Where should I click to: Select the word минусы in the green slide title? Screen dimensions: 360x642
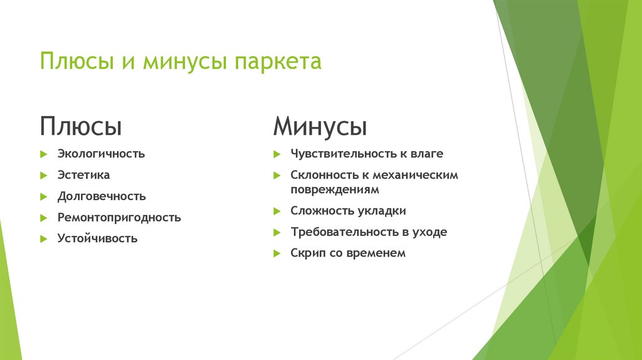coord(186,63)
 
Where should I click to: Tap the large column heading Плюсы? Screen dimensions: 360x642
coord(81,126)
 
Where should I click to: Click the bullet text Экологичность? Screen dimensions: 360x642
coord(101,154)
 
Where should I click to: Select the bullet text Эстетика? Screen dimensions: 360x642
coord(83,175)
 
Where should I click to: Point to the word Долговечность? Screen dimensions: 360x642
coord(102,196)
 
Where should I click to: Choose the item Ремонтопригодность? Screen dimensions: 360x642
coord(119,218)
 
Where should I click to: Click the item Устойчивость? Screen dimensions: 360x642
coord(97,239)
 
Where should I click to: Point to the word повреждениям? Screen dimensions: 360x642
coord(335,189)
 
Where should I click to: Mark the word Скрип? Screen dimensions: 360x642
coord(307,253)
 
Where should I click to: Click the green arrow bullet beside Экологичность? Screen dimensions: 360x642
coord(44,154)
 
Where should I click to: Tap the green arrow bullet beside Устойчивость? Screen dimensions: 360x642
coord(44,239)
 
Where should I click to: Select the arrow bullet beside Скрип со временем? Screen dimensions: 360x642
coord(276,253)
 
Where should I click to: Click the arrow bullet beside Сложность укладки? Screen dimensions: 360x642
coord(276,211)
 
